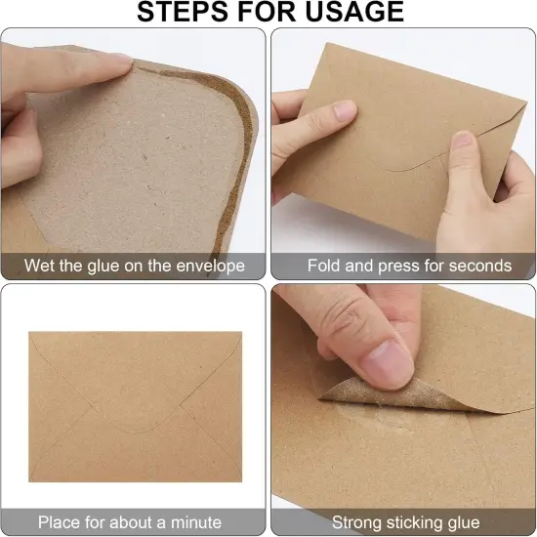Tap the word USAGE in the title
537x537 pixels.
[354, 12]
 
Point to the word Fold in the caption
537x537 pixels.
[323, 266]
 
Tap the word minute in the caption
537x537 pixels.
[196, 522]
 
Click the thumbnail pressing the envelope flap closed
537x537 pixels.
[464, 140]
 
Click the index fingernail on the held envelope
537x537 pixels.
[345, 110]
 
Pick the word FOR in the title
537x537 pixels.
[267, 12]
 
